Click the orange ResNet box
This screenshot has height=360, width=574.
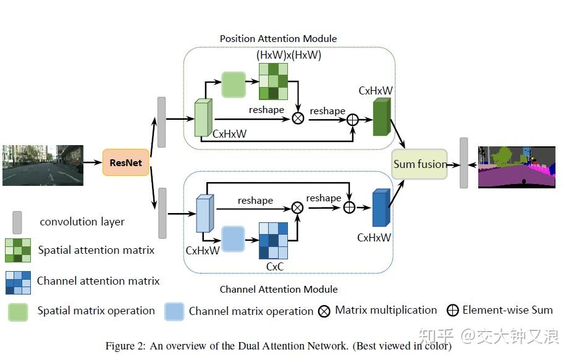(x=126, y=163)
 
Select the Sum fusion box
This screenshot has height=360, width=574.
(x=420, y=164)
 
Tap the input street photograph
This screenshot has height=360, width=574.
(x=43, y=165)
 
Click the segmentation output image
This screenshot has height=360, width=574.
(x=517, y=167)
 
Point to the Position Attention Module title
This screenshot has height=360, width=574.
(x=278, y=39)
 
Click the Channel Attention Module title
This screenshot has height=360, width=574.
(x=279, y=289)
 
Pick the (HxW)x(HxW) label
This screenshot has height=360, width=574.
(x=289, y=55)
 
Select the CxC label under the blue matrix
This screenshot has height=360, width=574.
(x=275, y=267)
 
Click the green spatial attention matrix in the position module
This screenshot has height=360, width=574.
(x=273, y=81)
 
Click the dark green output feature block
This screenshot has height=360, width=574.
(x=381, y=117)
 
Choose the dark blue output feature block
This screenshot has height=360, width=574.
(x=381, y=209)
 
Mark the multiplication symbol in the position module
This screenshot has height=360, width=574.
(x=298, y=118)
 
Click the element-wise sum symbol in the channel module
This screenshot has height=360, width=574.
(x=349, y=207)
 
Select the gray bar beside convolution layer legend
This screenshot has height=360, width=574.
(x=17, y=222)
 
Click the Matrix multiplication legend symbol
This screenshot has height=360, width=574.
(x=324, y=311)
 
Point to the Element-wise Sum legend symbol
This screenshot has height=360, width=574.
(x=452, y=311)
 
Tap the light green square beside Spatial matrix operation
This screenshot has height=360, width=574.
(x=18, y=311)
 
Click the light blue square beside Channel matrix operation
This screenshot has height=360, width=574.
(x=175, y=311)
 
